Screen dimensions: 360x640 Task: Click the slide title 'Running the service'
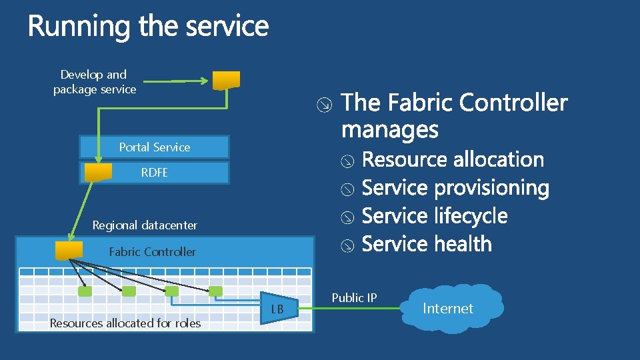tap(148, 27)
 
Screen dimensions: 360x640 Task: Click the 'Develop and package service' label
tap(94, 82)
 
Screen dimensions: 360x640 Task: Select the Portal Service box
tap(154, 147)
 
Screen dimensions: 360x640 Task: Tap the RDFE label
tap(154, 173)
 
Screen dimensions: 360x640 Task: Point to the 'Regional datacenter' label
tap(145, 225)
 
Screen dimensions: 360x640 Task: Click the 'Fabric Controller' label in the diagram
tap(152, 252)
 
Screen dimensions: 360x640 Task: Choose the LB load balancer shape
tap(277, 309)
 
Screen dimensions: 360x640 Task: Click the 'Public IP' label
tap(354, 298)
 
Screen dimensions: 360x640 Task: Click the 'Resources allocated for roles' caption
tap(125, 323)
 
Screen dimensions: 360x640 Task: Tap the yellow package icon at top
tap(227, 80)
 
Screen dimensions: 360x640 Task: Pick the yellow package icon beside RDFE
tap(98, 173)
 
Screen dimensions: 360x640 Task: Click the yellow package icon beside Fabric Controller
tap(69, 251)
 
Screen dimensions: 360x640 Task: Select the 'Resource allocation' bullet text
tap(453, 160)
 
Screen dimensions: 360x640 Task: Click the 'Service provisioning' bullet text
tap(455, 189)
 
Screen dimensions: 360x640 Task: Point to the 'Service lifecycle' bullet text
tap(435, 217)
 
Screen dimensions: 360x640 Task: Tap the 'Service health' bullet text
tap(427, 245)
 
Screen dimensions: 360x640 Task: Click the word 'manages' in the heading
tap(389, 129)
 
